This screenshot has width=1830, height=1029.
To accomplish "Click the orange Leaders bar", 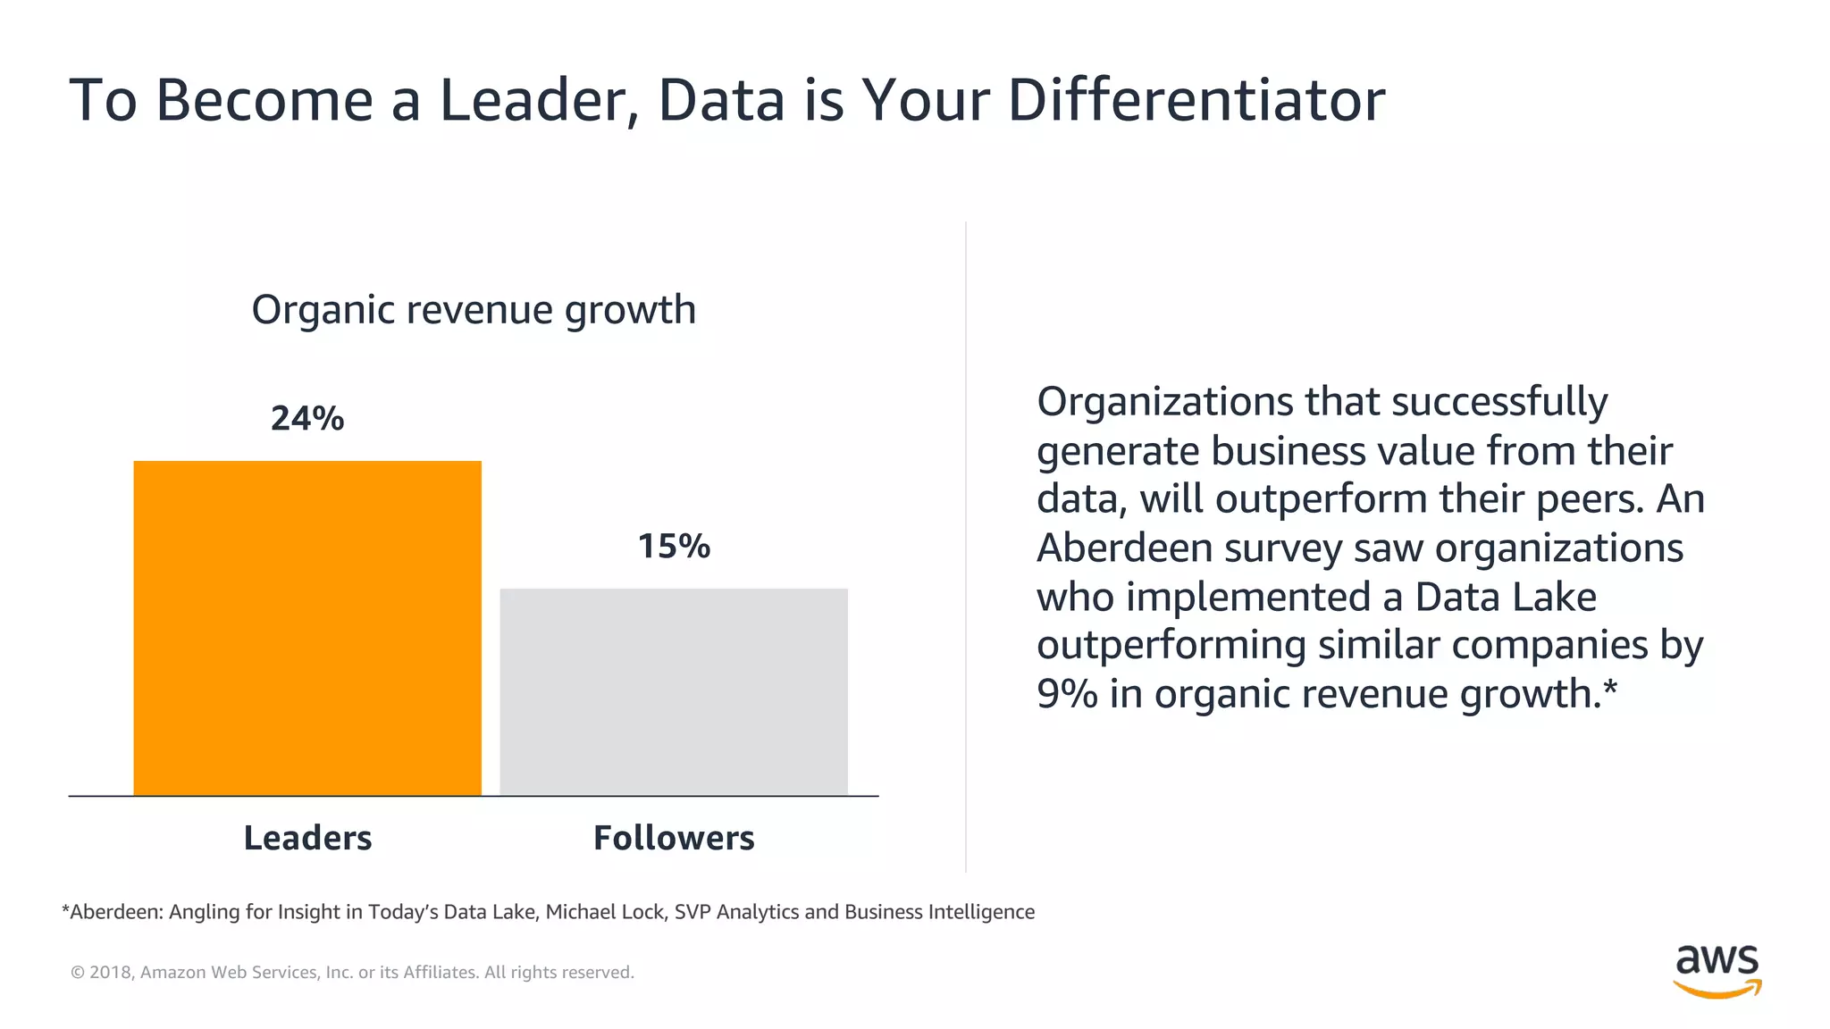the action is point(307,627).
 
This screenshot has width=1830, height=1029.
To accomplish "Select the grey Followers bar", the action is point(673,691).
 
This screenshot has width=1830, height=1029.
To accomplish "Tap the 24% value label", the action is point(307,418).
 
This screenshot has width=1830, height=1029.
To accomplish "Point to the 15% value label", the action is point(674,546).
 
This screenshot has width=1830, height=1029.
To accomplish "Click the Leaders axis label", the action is point(307,838).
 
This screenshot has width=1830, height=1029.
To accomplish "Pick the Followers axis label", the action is point(674,838).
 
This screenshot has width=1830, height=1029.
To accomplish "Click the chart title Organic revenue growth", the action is point(474,310).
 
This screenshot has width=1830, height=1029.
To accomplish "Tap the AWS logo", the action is point(1717,970).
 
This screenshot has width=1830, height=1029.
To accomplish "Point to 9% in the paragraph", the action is point(1067,694).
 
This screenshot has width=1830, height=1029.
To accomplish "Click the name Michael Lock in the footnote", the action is point(605,912).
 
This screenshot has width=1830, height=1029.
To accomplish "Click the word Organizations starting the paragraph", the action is point(1164,402).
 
